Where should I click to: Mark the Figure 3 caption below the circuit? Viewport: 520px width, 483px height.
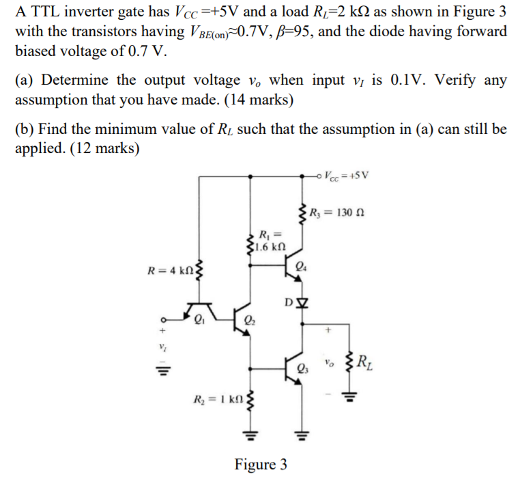(261, 465)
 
